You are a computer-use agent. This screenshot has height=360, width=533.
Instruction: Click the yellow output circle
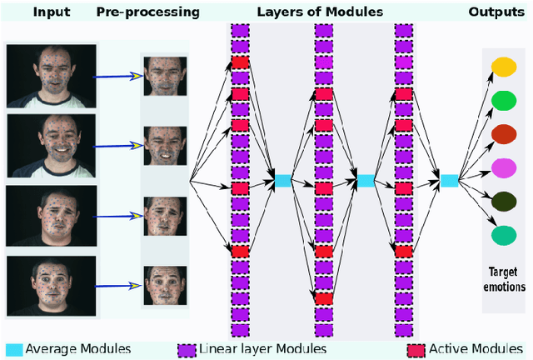503,67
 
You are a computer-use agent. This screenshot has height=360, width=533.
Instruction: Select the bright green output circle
503,101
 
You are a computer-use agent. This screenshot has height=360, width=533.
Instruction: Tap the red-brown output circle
503,134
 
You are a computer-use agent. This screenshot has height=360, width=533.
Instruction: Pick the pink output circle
503,167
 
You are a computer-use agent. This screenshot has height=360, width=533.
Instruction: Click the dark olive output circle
503,202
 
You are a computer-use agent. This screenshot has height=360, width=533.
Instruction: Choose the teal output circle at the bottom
503,235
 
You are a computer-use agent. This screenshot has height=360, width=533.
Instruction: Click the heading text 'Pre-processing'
147,12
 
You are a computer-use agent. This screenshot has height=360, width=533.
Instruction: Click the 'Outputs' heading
496,12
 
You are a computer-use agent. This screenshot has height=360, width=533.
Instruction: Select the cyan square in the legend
14,348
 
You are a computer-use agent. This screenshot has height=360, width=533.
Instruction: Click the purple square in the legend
188,348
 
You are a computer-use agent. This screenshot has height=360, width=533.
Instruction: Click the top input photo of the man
52,75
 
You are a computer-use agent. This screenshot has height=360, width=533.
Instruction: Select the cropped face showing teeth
165,147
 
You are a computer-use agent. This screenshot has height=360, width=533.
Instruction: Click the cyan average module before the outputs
449,180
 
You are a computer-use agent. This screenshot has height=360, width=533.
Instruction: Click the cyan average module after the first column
283,180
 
